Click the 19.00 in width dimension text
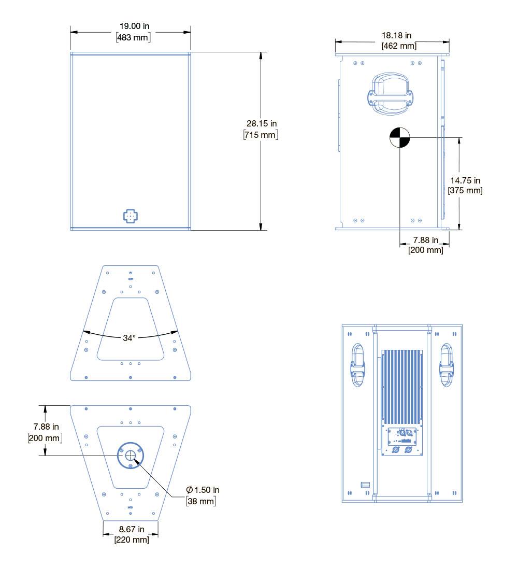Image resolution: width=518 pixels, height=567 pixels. click(x=135, y=26)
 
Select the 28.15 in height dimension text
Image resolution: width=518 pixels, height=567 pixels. click(x=262, y=124)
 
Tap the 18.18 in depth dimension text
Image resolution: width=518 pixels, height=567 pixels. click(x=397, y=35)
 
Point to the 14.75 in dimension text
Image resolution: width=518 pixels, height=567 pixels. click(x=465, y=180)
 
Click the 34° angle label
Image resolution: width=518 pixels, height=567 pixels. click(x=129, y=338)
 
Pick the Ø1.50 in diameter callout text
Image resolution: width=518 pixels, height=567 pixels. click(x=203, y=490)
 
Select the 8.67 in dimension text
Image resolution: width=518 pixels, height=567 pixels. click(x=132, y=529)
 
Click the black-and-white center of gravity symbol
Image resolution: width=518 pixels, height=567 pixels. click(x=400, y=137)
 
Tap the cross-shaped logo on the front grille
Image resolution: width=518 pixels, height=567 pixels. click(x=131, y=216)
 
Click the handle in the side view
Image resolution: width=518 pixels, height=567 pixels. click(x=391, y=94)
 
